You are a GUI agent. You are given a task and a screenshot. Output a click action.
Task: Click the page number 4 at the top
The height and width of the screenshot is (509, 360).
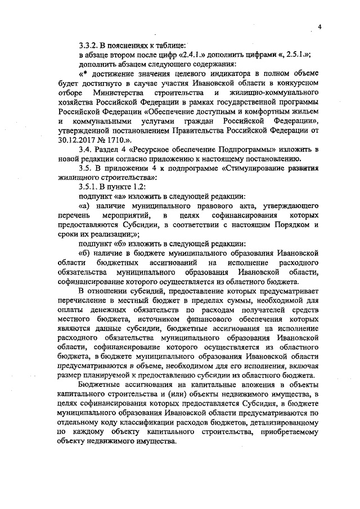tap(319, 26)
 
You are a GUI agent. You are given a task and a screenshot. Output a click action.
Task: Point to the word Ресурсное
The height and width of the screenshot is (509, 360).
tap(151, 148)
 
